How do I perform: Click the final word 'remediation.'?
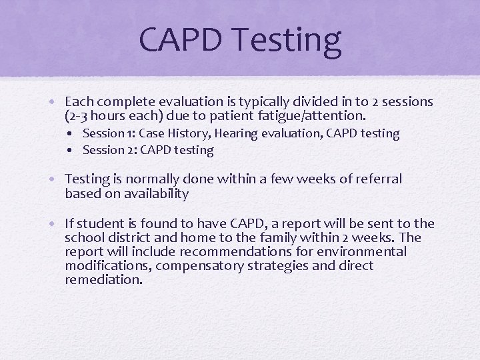pyautogui.click(x=103, y=280)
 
